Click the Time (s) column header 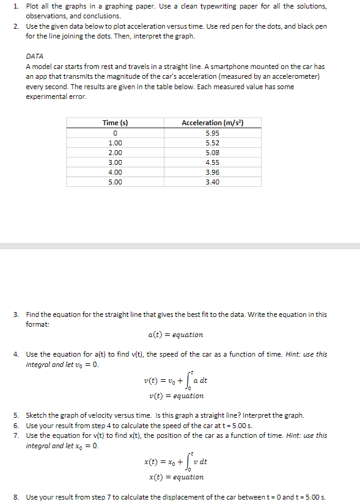[x=115, y=123]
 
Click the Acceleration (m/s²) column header [x=212, y=123]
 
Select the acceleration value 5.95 [x=212, y=133]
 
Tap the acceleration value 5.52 [x=212, y=143]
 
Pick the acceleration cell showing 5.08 [x=212, y=153]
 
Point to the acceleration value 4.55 [x=212, y=162]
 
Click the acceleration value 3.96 [x=212, y=172]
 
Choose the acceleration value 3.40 [x=212, y=182]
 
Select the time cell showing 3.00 [x=115, y=162]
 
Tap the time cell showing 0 [x=115, y=133]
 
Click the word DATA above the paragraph [x=34, y=56]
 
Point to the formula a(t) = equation [x=175, y=335]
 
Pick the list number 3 [x=16, y=315]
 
